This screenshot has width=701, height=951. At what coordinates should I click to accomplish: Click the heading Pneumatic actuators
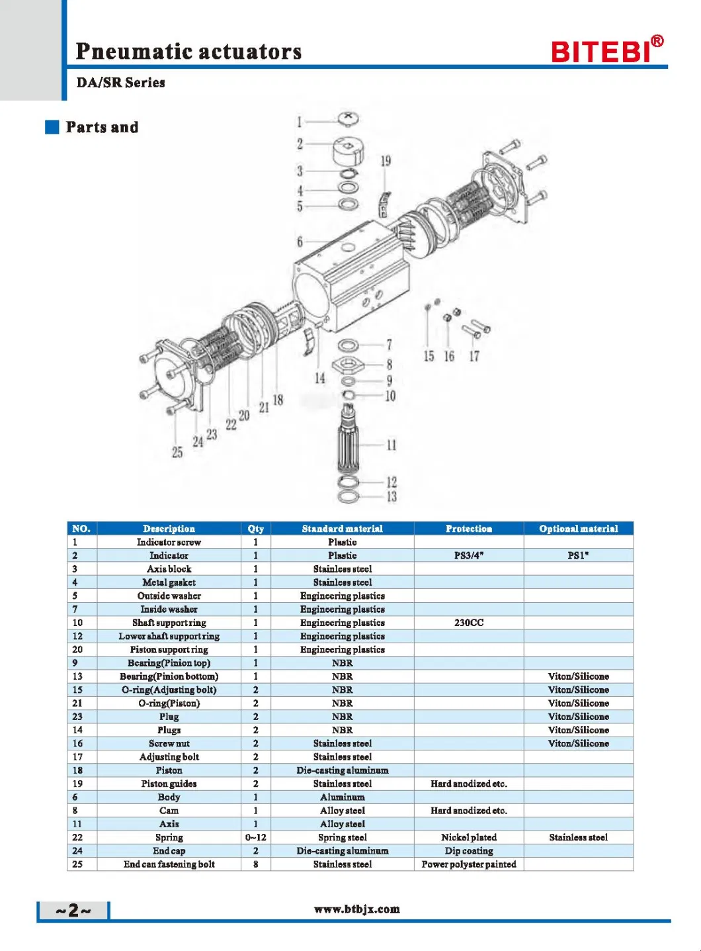click(x=188, y=51)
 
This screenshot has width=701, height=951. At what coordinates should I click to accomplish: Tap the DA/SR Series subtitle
click(x=121, y=83)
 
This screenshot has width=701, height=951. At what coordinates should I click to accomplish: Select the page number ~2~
click(x=73, y=911)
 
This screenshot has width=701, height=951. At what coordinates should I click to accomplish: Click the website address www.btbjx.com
click(x=357, y=909)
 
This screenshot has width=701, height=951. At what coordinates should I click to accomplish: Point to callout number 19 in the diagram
click(x=386, y=161)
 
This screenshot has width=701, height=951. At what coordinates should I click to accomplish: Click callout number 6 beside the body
click(x=300, y=242)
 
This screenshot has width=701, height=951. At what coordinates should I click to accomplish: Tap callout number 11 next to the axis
click(x=392, y=445)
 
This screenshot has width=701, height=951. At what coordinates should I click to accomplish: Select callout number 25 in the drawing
click(x=177, y=452)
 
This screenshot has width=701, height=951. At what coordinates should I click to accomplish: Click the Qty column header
click(x=256, y=529)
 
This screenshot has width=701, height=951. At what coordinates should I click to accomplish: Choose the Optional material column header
click(x=578, y=529)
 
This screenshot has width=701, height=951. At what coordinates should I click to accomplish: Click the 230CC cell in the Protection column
click(x=469, y=623)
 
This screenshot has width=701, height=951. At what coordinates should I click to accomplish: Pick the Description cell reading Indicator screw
click(x=169, y=542)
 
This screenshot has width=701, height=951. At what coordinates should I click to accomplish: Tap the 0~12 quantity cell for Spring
click(x=256, y=837)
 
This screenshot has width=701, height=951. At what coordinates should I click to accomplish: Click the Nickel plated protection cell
click(x=469, y=837)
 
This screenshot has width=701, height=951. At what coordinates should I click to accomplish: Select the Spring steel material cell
click(x=343, y=837)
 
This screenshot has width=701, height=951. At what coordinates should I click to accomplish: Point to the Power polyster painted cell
click(x=469, y=864)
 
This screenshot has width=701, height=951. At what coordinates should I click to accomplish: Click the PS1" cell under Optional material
click(x=578, y=556)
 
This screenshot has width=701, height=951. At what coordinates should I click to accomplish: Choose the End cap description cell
click(x=169, y=851)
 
